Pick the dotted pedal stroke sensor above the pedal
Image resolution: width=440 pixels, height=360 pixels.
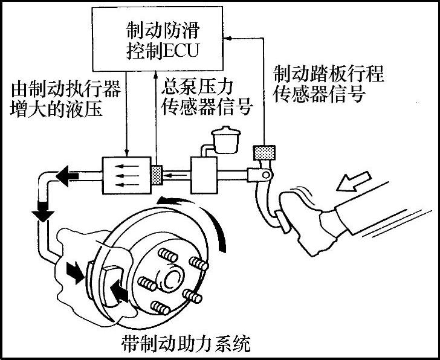coord(265,153)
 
